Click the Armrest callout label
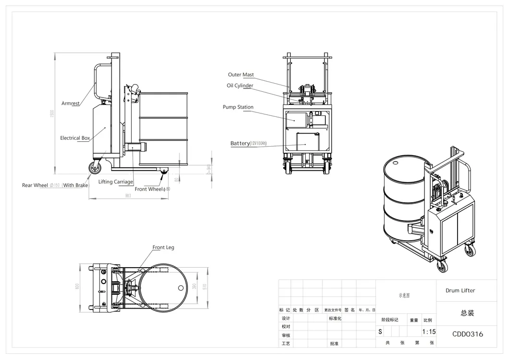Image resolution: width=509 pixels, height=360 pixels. pos(70,103)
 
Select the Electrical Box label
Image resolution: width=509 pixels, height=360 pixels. pos(75,138)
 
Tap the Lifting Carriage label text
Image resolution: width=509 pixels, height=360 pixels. pos(115,182)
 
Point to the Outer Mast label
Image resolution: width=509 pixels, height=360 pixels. pos(241,75)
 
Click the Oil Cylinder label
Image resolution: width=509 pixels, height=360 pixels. pos(240,86)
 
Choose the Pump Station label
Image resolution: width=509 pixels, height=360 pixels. pos(238,107)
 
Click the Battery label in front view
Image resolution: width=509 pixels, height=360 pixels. pos(240,143)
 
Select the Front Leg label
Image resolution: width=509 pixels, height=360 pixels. pos(163,248)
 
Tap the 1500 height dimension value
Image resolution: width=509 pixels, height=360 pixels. pos(53,113)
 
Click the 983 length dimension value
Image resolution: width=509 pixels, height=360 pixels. pos(128,196)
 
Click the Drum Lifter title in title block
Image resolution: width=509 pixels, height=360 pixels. pos(460,291)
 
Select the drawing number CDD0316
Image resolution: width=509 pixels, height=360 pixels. pos(468,334)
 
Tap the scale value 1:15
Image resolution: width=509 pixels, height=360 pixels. pos(428,332)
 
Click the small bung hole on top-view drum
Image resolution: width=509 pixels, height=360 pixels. pos(181,288)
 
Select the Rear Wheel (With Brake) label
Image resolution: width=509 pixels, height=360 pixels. pos(55,185)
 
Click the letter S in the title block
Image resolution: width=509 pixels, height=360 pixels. pos(380,332)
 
